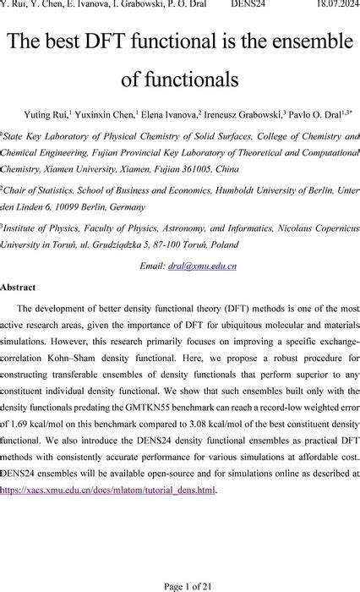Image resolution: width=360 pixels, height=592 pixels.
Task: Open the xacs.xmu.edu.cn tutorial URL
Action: tap(108, 489)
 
